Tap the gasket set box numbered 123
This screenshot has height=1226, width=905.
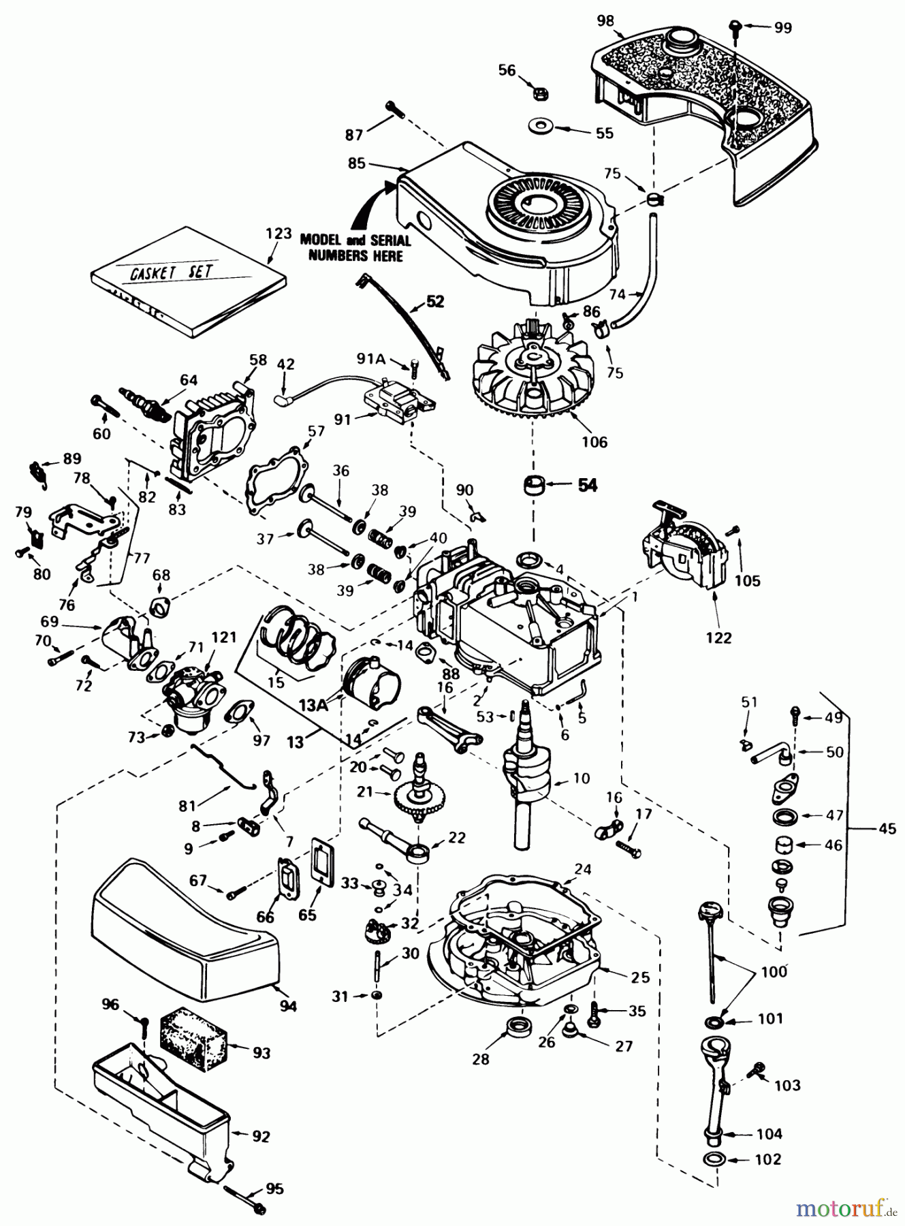point(188,289)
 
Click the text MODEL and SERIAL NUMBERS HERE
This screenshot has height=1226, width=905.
point(355,248)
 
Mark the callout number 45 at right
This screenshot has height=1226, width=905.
point(887,828)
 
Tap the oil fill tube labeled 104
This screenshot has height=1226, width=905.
point(715,1097)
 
